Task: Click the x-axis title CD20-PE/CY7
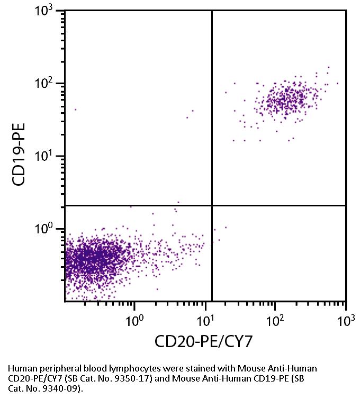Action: point(203,342)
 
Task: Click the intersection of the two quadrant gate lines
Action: point(212,205)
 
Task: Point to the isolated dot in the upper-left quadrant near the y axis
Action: point(75,110)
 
